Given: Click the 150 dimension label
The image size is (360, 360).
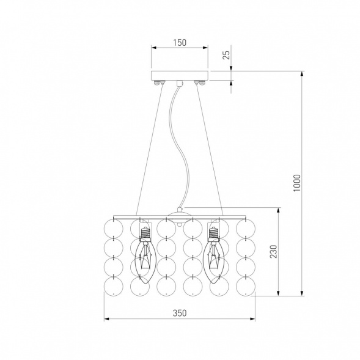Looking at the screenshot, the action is point(180,43).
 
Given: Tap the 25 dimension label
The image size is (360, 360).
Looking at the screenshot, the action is point(226,55).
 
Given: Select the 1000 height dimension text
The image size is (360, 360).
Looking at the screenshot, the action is point(296,183).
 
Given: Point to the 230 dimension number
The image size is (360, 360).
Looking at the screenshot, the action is point(273,252).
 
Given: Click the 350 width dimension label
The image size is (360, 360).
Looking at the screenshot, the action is point(180,313).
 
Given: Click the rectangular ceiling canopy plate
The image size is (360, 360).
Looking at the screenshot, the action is point(180,76).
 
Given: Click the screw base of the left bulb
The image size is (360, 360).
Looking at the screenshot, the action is point(145,233).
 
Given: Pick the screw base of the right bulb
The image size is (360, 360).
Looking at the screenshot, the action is point(213,233).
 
